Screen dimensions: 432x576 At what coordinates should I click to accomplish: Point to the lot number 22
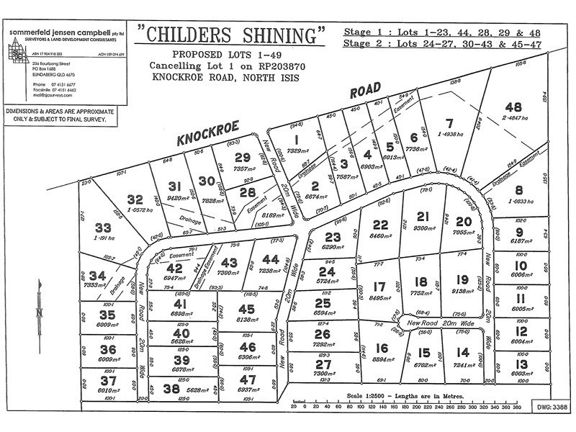point(381,224)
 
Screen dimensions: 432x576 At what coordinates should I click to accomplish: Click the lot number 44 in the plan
point(271,258)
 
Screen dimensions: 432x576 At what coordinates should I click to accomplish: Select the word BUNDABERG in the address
point(45,75)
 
